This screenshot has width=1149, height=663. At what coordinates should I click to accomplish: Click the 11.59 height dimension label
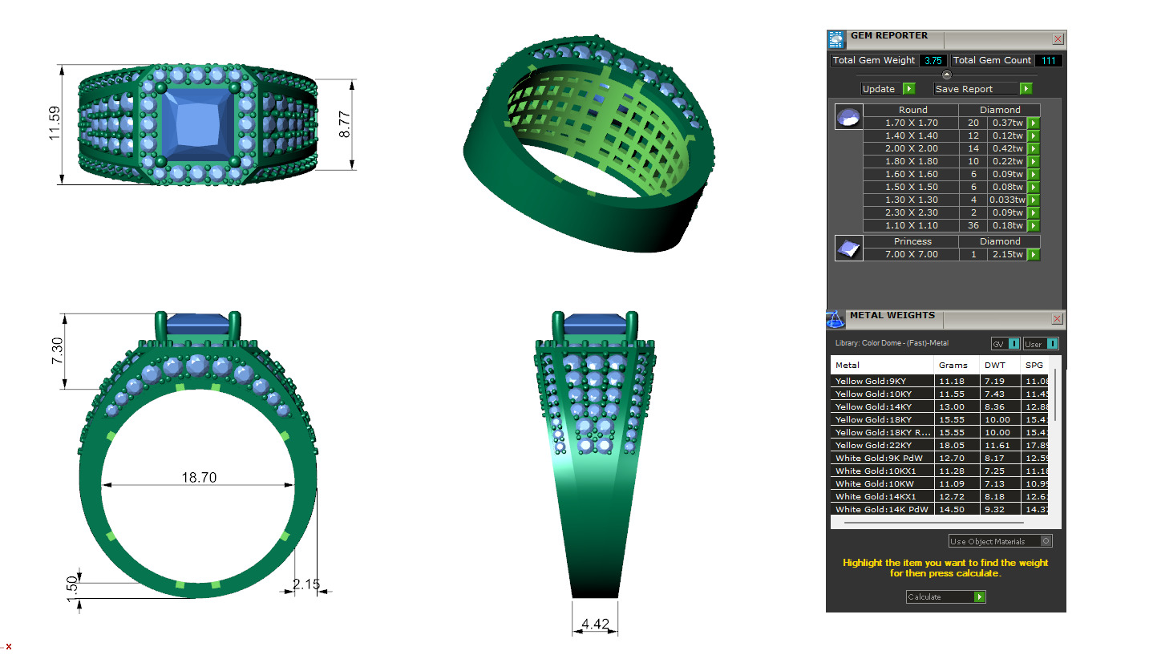click(x=55, y=124)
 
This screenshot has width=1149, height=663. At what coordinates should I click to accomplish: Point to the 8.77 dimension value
click(x=346, y=124)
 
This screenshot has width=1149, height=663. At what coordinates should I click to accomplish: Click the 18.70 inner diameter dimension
click(x=199, y=477)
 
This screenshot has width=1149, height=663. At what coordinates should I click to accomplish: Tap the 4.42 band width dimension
click(x=595, y=623)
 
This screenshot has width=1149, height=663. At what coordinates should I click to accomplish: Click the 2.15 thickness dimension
click(x=307, y=584)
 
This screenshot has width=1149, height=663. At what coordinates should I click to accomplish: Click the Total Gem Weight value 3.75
click(x=933, y=61)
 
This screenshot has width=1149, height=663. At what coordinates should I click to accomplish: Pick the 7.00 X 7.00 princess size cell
click(x=912, y=255)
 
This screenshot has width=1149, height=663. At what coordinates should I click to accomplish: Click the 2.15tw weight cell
click(x=1007, y=255)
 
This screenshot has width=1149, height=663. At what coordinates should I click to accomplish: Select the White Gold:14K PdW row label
click(x=881, y=510)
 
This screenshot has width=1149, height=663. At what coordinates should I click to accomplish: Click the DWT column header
click(x=994, y=366)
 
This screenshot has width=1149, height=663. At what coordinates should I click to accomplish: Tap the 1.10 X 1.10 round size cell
click(x=912, y=226)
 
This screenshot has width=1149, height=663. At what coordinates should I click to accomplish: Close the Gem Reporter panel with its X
click(x=1058, y=38)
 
